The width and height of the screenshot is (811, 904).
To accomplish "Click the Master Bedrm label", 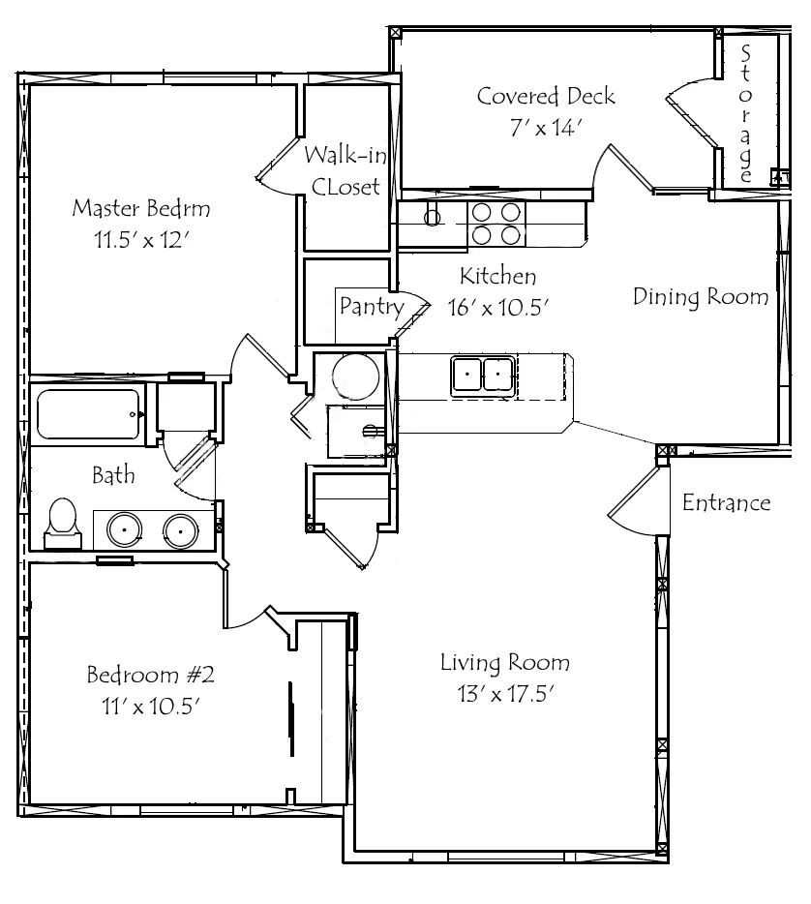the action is point(141,208).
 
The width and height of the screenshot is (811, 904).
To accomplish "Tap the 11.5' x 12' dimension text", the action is point(142,239).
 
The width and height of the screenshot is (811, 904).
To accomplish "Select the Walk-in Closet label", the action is point(345,170).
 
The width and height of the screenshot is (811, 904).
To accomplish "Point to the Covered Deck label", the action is point(546,96).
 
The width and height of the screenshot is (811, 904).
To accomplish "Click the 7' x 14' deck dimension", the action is point(546,128).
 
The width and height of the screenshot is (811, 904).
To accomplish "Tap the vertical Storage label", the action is point(745,114).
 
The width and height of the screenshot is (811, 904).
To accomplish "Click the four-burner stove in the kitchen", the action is point(496,224).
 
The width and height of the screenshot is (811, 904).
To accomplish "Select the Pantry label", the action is point(372,306).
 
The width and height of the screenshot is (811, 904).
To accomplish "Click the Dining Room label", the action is point(701,296).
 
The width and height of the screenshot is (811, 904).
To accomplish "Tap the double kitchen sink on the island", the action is point(483,376).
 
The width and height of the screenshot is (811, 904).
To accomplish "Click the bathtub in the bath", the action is point(88,414).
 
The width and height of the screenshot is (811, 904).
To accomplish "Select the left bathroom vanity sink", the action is point(124,529).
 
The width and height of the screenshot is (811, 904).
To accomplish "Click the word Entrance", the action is point(726,502).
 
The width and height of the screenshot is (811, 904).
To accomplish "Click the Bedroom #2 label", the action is point(150,675).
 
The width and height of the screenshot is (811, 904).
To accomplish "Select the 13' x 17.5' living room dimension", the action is point(505,694).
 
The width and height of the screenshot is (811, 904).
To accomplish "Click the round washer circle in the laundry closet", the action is point(356,377).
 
